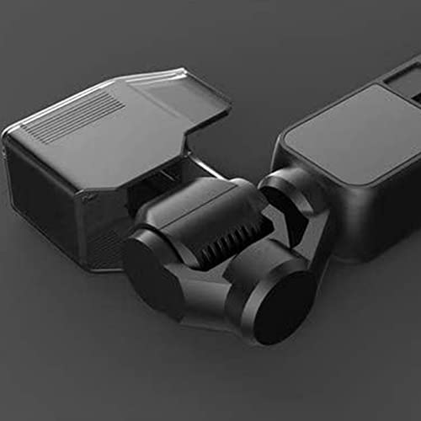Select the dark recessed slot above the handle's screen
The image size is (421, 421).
[399, 84]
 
